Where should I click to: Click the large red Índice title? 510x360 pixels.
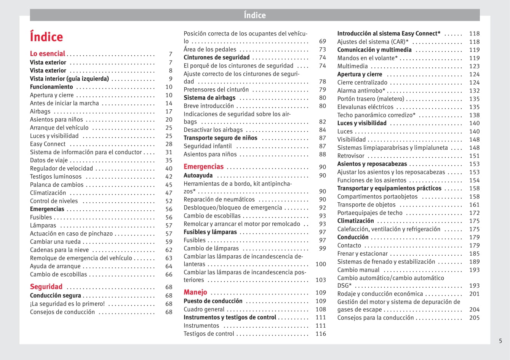click(46, 37)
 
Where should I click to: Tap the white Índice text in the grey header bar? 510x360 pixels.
click(255, 15)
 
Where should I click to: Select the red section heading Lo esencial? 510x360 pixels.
click(48, 54)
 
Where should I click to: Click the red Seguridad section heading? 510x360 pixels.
click(46, 287)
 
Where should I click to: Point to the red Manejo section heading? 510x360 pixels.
click(195, 292)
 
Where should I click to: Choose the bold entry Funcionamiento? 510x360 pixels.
click(51, 87)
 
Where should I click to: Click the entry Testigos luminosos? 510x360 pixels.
click(56, 176)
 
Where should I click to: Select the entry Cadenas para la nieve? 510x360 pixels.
click(59, 250)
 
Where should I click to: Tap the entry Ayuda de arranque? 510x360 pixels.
click(55, 266)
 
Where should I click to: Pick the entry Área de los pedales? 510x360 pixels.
click(210, 50)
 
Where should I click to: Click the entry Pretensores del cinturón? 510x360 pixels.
click(216, 90)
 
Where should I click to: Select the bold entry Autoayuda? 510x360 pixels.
click(198, 176)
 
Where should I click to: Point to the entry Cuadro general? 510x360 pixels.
click(204, 309)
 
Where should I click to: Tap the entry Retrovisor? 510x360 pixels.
click(351, 156)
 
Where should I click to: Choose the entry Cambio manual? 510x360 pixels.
click(358, 270)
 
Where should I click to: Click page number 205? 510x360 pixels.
click(474, 318)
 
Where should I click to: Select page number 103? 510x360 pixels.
click(321, 280)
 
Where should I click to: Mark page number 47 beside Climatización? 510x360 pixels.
click(169, 193)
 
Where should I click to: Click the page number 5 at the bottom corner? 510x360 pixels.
click(500, 341)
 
